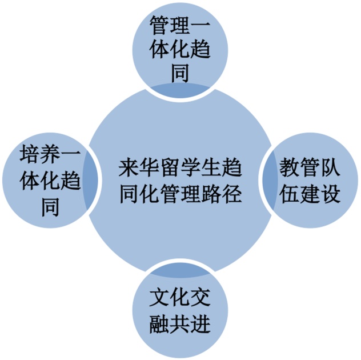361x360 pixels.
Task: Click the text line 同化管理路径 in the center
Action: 180,194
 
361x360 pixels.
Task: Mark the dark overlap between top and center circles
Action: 180,90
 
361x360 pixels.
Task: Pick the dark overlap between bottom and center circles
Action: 180,268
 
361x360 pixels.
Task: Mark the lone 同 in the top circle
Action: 180,73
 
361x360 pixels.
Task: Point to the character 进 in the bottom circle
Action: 200,324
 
